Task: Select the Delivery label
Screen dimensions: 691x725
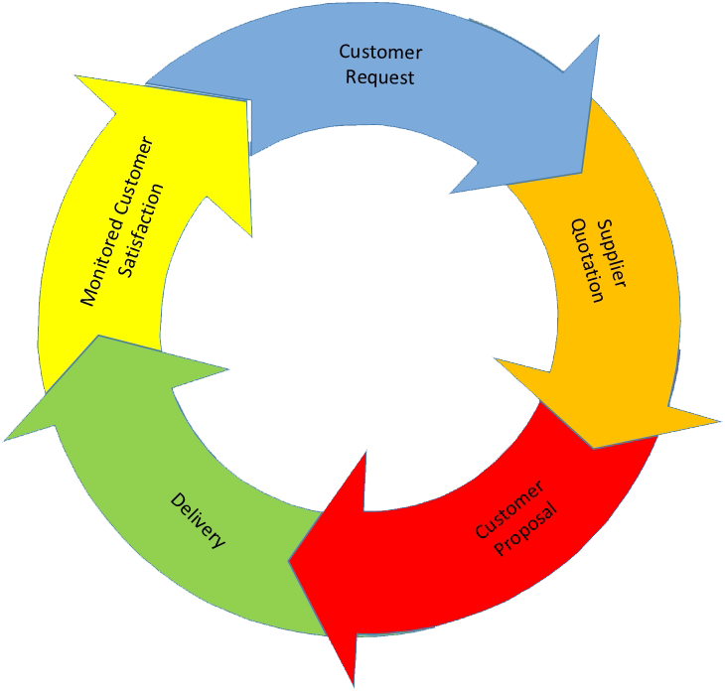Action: pyautogui.click(x=198, y=520)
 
